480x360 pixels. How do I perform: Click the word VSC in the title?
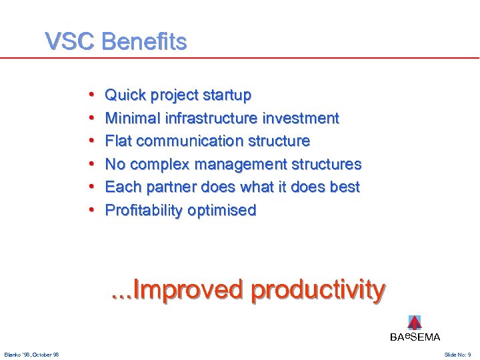tap(70, 42)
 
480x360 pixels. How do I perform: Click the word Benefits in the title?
tap(143, 42)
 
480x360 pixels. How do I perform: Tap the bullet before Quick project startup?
tap(90, 95)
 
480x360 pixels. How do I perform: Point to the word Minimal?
tap(135, 119)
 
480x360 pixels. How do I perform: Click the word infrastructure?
tap(213, 119)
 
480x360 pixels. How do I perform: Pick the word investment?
tap(301, 119)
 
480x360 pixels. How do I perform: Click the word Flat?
tap(119, 141)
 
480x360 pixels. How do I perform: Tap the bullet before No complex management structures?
tap(90, 165)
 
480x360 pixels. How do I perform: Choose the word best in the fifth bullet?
tap(345, 187)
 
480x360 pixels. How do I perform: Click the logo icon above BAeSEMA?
tap(415, 323)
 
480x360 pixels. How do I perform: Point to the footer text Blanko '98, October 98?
tap(31, 354)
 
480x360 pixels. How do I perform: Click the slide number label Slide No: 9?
tap(457, 354)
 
